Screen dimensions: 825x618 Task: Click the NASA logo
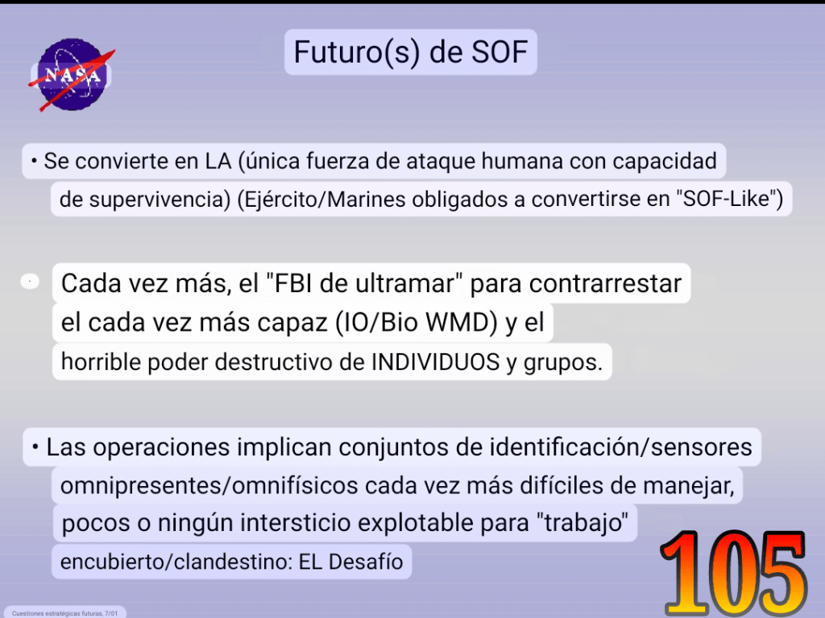pyautogui.click(x=72, y=74)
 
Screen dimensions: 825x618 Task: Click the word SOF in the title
pyautogui.click(x=500, y=52)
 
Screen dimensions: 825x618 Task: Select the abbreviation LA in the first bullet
pyautogui.click(x=218, y=161)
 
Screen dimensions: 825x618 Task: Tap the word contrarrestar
pyautogui.click(x=605, y=284)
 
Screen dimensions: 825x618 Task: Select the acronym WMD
pyautogui.click(x=458, y=322)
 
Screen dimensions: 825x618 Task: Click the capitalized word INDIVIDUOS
pyautogui.click(x=436, y=361)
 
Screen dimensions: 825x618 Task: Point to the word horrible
pyautogui.click(x=101, y=361)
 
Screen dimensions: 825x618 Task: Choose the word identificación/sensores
pyautogui.click(x=621, y=447)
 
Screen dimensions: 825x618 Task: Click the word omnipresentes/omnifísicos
pyautogui.click(x=209, y=485)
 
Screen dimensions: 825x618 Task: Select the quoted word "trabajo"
pyautogui.click(x=582, y=524)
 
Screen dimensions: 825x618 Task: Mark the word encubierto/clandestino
pyautogui.click(x=176, y=562)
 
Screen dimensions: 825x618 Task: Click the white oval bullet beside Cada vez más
pyautogui.click(x=30, y=282)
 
